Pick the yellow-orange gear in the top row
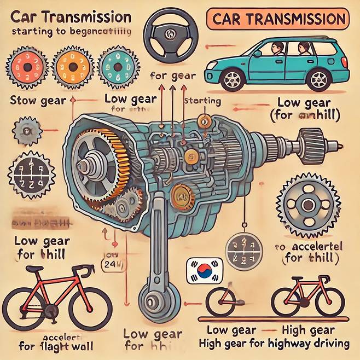pos(71,67)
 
